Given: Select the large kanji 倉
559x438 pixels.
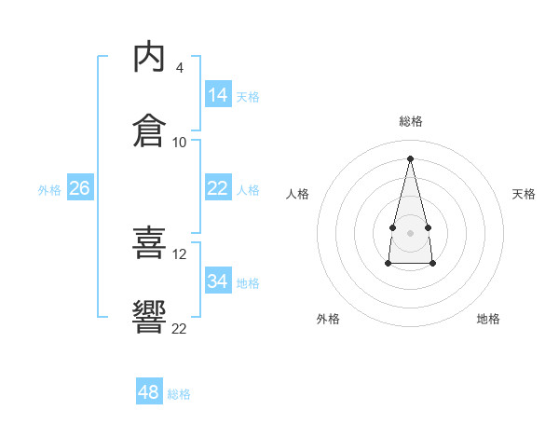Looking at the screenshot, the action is click(x=149, y=130).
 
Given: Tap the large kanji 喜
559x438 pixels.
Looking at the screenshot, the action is click(x=149, y=242).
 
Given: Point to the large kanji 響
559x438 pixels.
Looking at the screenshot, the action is click(x=149, y=317).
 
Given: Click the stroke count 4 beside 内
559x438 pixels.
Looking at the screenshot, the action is click(x=179, y=68).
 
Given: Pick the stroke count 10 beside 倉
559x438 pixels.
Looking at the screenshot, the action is click(x=179, y=143).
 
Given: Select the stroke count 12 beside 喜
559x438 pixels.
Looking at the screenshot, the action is click(x=179, y=254).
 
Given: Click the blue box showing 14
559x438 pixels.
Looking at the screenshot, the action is click(x=218, y=93).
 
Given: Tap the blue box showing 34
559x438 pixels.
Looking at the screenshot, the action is click(x=218, y=280).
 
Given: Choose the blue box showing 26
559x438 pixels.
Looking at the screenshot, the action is click(x=80, y=187).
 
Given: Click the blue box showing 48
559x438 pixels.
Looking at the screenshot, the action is click(x=149, y=390).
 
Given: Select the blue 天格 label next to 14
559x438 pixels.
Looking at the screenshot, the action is click(x=248, y=97).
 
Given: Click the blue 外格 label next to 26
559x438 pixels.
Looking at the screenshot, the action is click(x=49, y=190).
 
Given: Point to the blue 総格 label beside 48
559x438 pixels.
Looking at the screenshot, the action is click(x=179, y=394).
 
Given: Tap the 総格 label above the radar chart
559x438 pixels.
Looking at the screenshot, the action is click(x=411, y=121).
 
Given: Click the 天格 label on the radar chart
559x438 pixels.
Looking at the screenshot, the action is click(x=524, y=194).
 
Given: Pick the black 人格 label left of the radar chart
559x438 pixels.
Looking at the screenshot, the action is click(x=297, y=194).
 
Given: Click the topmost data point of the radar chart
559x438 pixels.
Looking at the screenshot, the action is click(x=410, y=158).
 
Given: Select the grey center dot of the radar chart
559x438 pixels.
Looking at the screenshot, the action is click(x=410, y=233).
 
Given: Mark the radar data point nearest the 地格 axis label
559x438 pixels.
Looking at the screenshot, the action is click(x=432, y=263).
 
